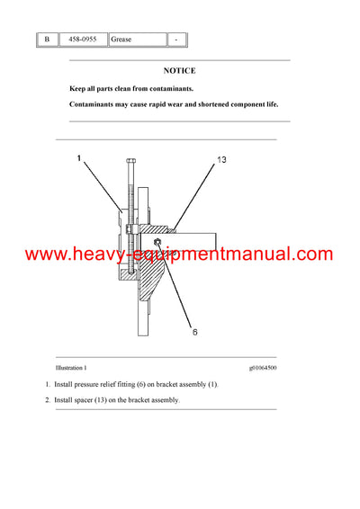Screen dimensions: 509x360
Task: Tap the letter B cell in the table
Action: (x=47, y=40)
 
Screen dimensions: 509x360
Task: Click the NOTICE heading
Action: (x=179, y=70)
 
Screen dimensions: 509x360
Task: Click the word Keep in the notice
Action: (x=78, y=88)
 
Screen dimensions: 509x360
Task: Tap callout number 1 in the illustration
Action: (x=79, y=159)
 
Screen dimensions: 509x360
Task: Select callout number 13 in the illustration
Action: (x=221, y=160)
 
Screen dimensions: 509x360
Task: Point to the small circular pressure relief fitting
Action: (x=157, y=243)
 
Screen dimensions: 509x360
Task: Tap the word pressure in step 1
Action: (x=94, y=384)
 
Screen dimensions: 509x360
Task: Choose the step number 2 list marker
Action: (x=48, y=399)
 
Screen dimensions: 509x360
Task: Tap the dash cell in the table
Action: (x=177, y=40)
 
